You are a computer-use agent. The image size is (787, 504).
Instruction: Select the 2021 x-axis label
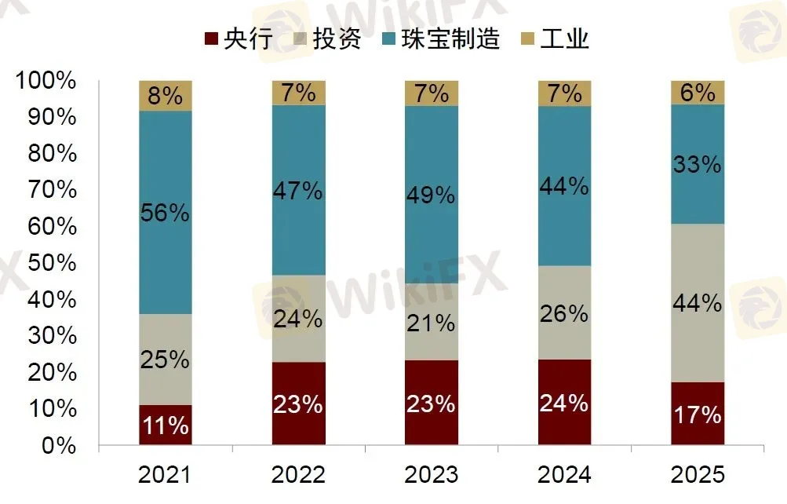pos(165,475)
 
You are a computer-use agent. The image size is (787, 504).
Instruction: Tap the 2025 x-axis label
pos(698,475)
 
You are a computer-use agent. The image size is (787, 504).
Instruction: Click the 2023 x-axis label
pos(432,475)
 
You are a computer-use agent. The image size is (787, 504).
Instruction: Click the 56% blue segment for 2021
pos(166,213)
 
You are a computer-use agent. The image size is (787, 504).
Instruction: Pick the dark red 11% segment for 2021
pos(166,425)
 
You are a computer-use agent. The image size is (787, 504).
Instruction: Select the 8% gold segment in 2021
pos(166,96)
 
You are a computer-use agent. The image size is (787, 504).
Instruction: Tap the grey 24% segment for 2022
pos(299,319)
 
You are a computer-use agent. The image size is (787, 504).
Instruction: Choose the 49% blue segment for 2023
pos(432,195)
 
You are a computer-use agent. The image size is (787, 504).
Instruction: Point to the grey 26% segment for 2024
pos(565,312)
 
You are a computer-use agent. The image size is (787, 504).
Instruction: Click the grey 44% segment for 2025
pos(698,303)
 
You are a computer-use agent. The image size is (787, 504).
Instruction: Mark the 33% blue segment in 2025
pos(698,164)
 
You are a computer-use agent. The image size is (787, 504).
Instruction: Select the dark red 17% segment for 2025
pos(698,414)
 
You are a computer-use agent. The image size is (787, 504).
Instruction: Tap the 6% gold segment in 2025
pos(698,93)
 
